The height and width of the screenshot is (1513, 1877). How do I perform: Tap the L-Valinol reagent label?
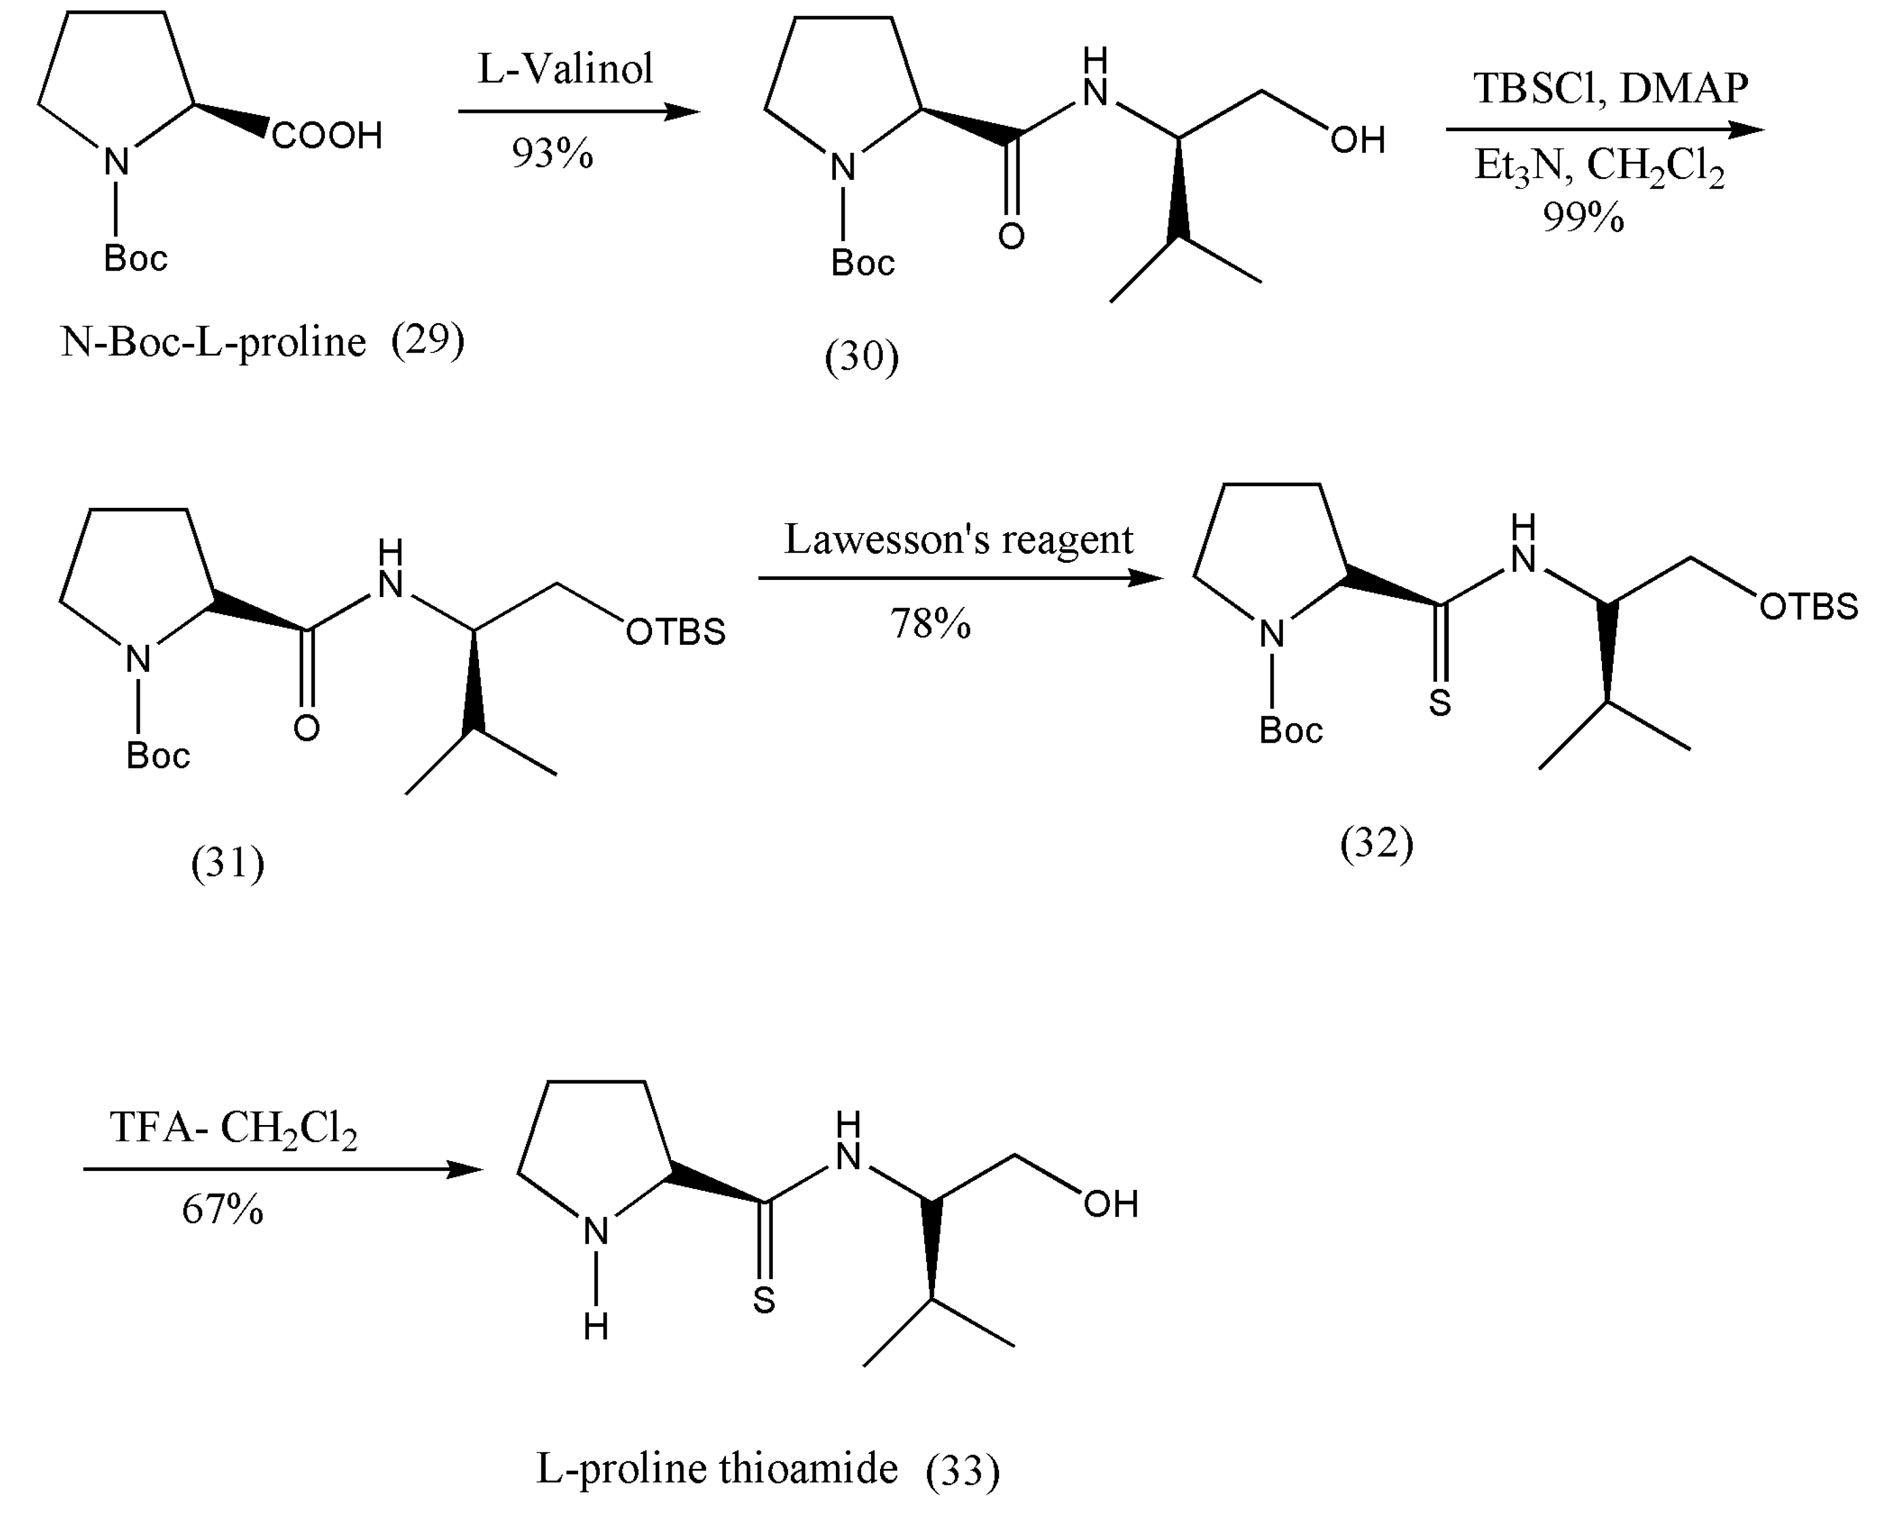pos(566,69)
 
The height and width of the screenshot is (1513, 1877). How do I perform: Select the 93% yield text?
pos(552,154)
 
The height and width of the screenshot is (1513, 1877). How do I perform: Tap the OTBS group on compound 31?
pos(676,633)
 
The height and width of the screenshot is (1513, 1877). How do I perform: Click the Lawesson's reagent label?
pos(959,539)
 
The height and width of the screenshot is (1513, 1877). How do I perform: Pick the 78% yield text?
pos(930,624)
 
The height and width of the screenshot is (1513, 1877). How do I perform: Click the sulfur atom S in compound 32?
pos(1440,703)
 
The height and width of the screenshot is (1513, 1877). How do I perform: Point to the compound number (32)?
pos(1377,844)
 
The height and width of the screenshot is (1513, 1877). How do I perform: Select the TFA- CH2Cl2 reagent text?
pos(234,1130)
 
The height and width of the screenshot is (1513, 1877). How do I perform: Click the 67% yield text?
pos(222,1210)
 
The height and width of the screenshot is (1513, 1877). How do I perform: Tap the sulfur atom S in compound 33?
pos(764,1300)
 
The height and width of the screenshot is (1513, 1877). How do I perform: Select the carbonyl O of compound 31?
pos(307,728)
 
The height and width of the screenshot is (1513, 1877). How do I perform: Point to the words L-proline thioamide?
pos(716,1468)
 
